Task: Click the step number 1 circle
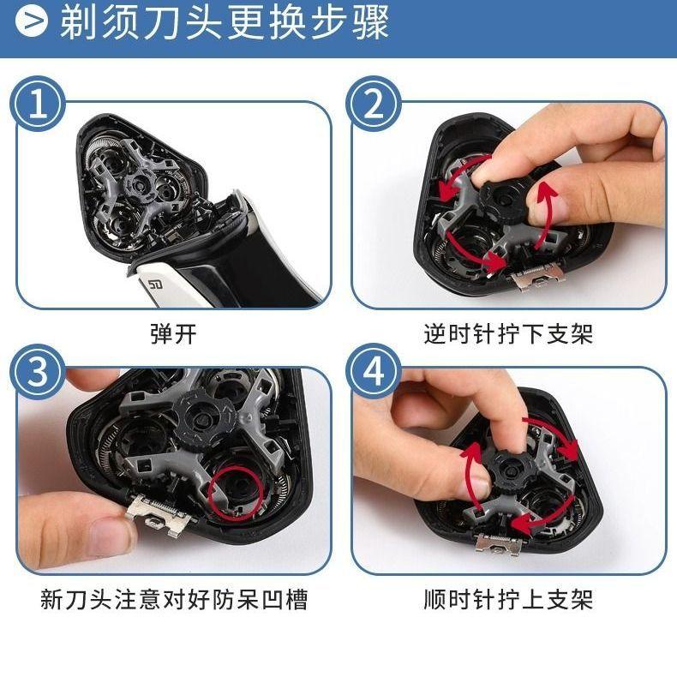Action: point(38,105)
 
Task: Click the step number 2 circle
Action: point(374,105)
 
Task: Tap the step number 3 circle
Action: point(38,372)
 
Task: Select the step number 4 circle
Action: point(374,372)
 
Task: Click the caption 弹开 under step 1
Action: point(174,333)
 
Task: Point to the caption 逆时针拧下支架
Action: point(508,333)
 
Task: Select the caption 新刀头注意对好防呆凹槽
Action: point(174,599)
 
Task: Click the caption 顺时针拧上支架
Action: point(508,599)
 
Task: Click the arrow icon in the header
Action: point(32,21)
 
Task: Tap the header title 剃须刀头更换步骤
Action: point(225,21)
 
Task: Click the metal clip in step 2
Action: point(537,274)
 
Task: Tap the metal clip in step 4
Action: point(500,544)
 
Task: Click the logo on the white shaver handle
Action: point(154,285)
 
